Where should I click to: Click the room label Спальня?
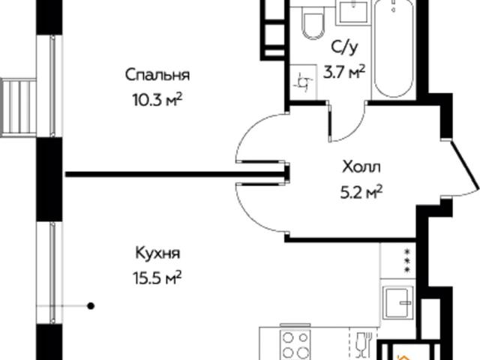(x=157, y=75)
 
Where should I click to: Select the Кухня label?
(x=158, y=253)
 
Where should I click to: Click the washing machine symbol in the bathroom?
(x=305, y=82)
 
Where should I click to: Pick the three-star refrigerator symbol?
(x=397, y=260)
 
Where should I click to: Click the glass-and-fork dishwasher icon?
(x=363, y=343)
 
